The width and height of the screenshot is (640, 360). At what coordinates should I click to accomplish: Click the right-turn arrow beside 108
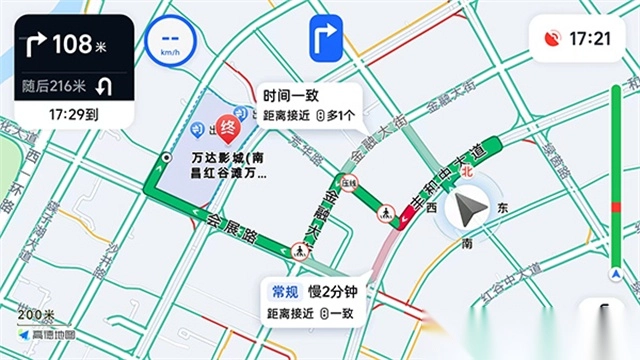pyautogui.click(x=36, y=45)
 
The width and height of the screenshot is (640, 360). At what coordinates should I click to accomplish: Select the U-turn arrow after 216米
pyautogui.click(x=104, y=86)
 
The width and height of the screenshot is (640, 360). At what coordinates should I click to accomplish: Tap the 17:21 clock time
pyautogui.click(x=590, y=39)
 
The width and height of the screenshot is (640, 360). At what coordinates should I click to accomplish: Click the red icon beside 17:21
pyautogui.click(x=550, y=39)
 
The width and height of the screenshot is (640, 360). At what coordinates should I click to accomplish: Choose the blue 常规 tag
pyautogui.click(x=285, y=292)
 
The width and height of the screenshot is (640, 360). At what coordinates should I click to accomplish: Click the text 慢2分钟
pyautogui.click(x=333, y=292)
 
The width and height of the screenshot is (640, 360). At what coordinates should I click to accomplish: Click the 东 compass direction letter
pyautogui.click(x=503, y=208)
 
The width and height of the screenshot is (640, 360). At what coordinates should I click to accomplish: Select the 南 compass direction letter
pyautogui.click(x=466, y=243)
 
